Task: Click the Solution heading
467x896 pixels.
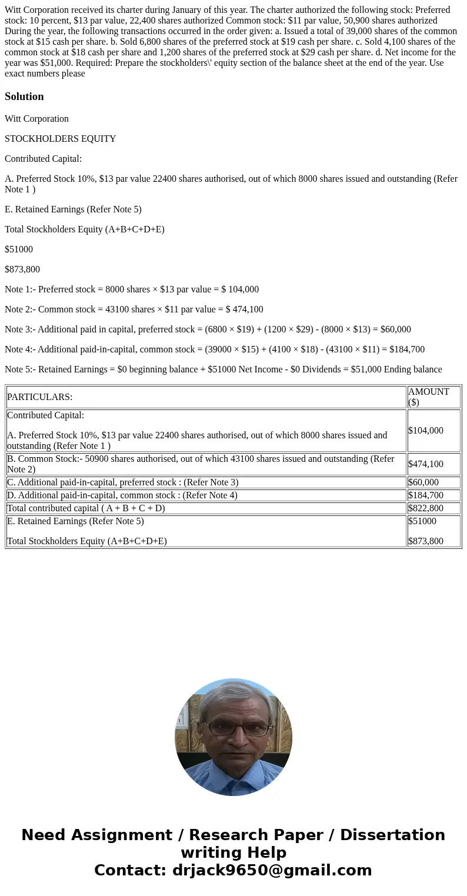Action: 24,96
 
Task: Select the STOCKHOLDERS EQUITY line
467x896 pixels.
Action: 60,139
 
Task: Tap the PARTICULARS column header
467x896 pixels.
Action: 39,397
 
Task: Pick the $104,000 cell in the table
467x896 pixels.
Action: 425,431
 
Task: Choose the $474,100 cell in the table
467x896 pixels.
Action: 425,464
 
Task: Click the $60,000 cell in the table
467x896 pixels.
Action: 423,482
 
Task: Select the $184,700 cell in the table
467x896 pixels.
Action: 425,495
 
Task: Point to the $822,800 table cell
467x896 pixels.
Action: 425,508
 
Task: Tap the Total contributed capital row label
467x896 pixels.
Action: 86,508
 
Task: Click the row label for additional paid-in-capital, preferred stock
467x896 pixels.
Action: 122,482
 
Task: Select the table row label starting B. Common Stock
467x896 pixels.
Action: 200,464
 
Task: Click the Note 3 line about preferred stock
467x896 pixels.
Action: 208,329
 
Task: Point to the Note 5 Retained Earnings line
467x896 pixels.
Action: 223,369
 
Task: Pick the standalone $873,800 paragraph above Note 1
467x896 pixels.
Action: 22,269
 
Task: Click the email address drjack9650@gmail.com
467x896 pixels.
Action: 272,870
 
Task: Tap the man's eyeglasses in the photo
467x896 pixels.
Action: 238,729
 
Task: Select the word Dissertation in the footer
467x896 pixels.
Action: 392,835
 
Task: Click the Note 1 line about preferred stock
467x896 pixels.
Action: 131,289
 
